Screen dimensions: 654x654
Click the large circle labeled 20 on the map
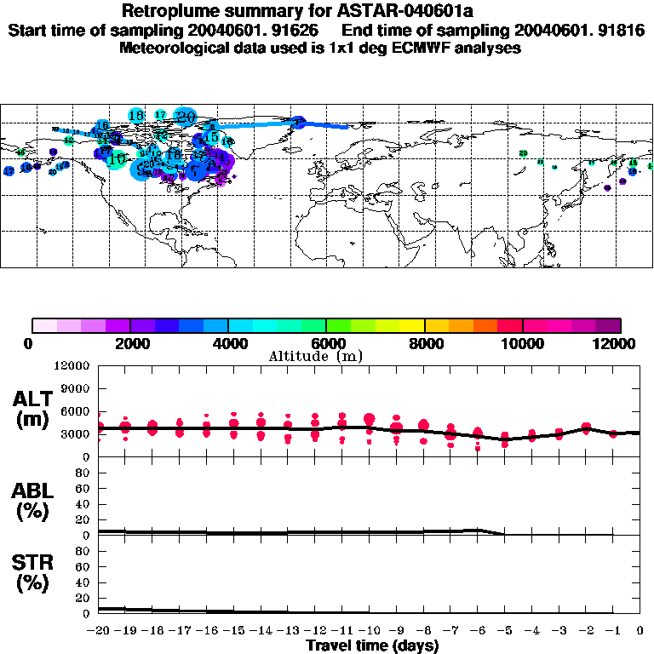click(185, 116)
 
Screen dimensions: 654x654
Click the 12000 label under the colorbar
click(619, 343)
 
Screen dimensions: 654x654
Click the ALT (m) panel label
click(32, 410)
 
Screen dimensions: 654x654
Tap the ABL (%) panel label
click(32, 501)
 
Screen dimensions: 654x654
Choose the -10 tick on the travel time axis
click(369, 631)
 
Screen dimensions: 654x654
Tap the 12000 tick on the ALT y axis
click(72, 366)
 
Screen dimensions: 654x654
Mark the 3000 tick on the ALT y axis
click(76, 433)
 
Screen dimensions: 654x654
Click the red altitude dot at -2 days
click(586, 427)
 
